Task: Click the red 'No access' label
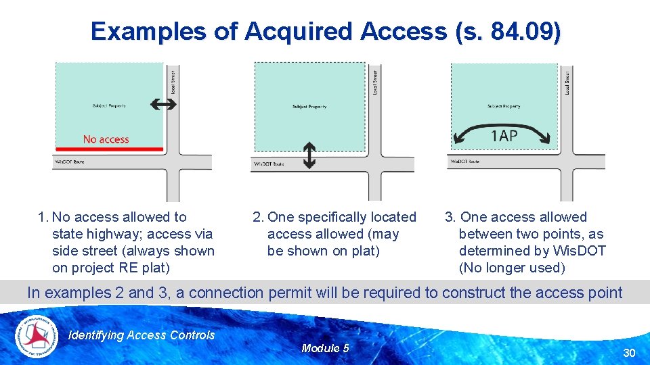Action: [x=106, y=139]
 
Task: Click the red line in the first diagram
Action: [x=109, y=148]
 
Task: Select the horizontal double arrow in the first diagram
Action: [x=163, y=104]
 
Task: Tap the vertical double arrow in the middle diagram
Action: [x=309, y=155]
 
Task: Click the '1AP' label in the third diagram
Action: [x=504, y=137]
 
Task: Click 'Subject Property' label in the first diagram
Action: [x=109, y=105]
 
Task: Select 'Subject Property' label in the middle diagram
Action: [x=309, y=107]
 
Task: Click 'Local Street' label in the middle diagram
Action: [x=376, y=82]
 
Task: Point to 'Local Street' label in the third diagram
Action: [x=567, y=82]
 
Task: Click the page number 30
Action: [x=629, y=353]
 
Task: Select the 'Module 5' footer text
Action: [x=325, y=348]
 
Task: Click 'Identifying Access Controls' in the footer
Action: [x=142, y=335]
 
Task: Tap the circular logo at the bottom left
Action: [x=37, y=335]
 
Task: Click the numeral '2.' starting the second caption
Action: [x=258, y=217]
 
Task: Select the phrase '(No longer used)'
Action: [x=512, y=268]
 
